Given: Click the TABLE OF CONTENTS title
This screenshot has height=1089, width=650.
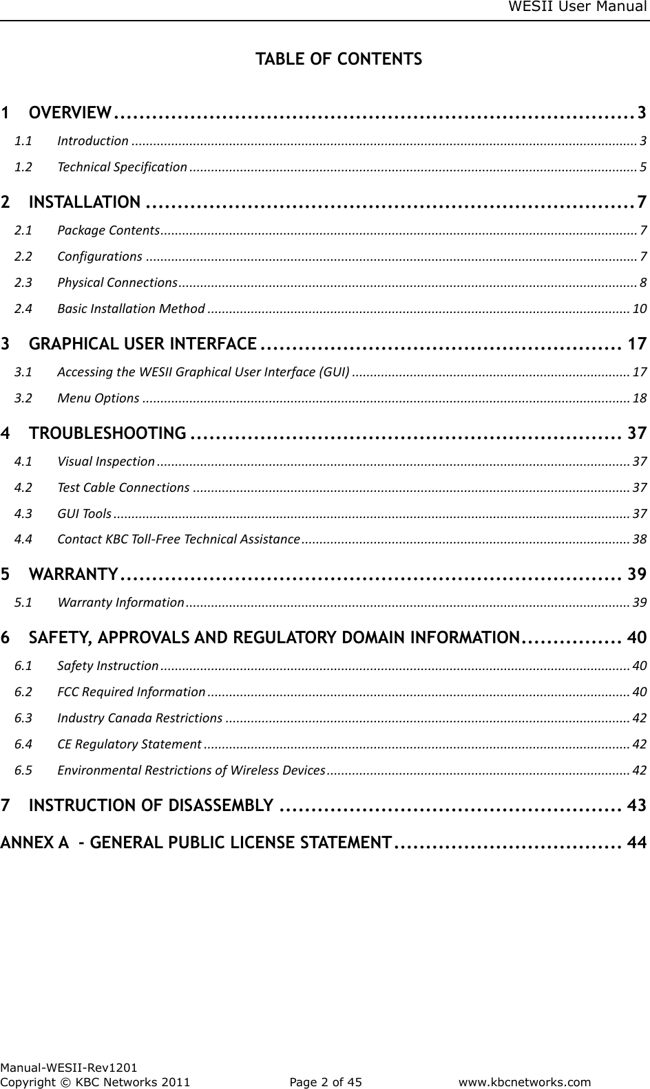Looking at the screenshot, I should [339, 59].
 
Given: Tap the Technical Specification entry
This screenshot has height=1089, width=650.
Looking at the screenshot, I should [122, 167].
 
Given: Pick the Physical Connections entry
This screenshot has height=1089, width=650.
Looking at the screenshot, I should [117, 283].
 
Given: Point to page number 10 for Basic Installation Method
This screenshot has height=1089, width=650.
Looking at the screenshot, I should [639, 308].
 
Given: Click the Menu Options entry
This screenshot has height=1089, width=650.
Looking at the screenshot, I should [98, 398].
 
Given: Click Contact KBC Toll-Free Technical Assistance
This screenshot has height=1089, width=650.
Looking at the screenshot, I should [178, 539].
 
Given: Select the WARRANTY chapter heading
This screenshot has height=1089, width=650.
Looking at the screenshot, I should [73, 574].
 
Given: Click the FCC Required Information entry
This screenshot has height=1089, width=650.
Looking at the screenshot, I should [131, 691].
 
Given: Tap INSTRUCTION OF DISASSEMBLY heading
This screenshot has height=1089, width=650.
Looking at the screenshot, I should [151, 805].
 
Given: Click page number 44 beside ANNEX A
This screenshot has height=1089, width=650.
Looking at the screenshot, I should [637, 842].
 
